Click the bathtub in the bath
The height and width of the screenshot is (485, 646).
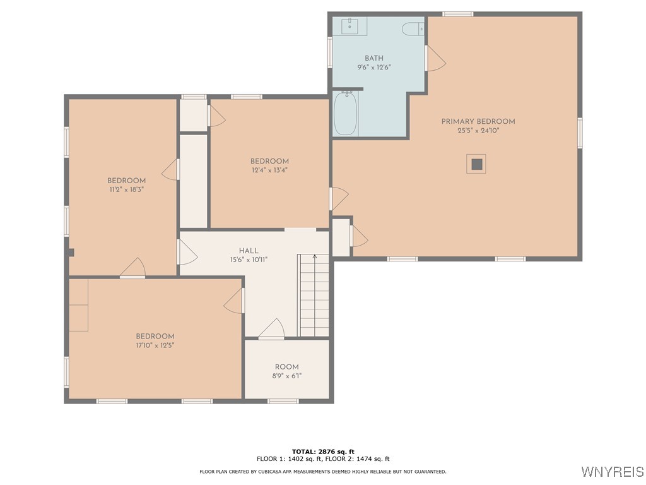coord(346,113)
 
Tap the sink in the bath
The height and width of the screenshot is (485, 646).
coord(349,26)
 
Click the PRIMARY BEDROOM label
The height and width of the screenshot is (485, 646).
coord(478,122)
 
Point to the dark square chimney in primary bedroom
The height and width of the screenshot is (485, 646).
coord(477,164)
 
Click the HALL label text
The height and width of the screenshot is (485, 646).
coord(249,251)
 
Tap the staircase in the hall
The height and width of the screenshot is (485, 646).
coord(314,297)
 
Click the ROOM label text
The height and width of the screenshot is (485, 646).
coord(286,367)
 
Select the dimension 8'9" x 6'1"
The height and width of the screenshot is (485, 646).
coord(286,376)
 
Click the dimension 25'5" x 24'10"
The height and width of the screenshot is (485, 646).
coord(478,131)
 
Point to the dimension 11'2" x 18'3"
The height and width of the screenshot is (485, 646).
coord(126,189)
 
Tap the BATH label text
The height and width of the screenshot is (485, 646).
coord(374,58)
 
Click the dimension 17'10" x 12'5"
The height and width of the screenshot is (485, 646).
coord(155,345)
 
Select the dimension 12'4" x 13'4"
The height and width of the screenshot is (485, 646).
coord(269,170)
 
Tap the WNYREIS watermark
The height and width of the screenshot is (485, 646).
coord(612,472)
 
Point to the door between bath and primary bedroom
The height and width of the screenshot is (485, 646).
coord(427,58)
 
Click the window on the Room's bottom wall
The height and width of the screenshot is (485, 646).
coord(283,400)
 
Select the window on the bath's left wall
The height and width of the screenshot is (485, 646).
coord(330,52)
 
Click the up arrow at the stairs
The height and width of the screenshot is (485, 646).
coord(314,257)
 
